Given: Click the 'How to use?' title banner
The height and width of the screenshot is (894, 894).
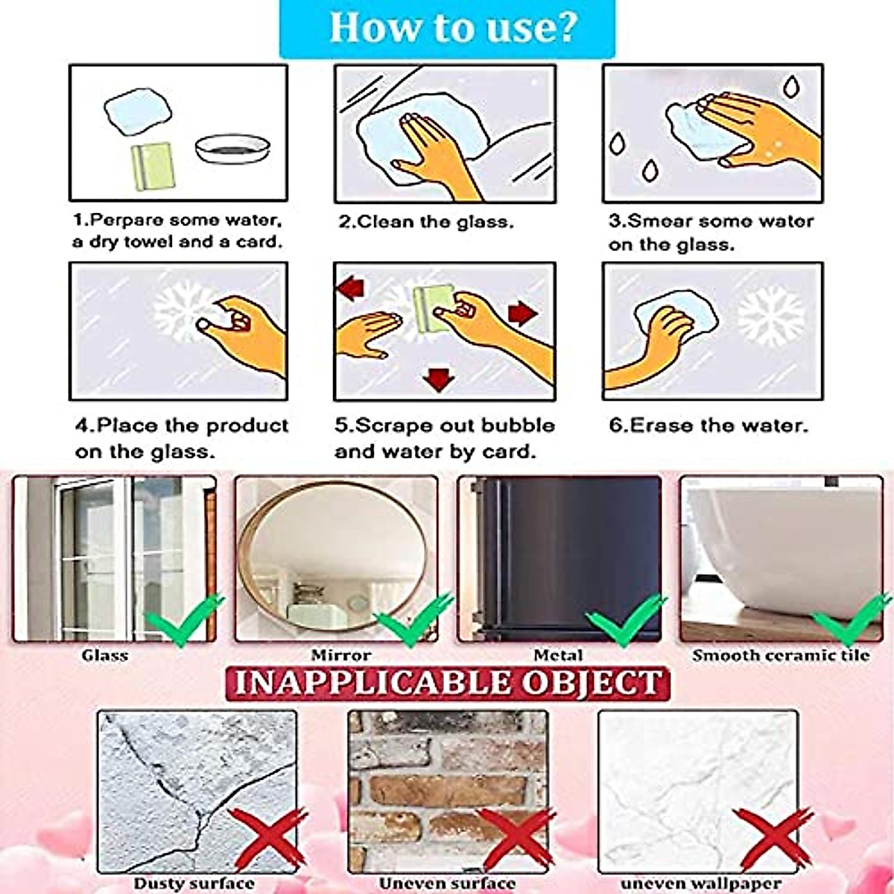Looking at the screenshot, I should (x=447, y=28).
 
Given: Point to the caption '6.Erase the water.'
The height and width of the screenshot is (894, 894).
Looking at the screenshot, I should (x=708, y=425).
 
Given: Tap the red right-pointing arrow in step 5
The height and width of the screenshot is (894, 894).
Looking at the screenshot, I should (x=523, y=312).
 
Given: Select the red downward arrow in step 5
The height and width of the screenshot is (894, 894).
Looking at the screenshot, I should (x=438, y=379).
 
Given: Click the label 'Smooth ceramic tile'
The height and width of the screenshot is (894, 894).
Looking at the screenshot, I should (x=781, y=656).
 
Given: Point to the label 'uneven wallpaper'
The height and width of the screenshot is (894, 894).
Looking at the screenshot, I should (x=700, y=884).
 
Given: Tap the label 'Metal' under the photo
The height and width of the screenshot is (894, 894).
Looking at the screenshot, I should (x=558, y=656).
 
